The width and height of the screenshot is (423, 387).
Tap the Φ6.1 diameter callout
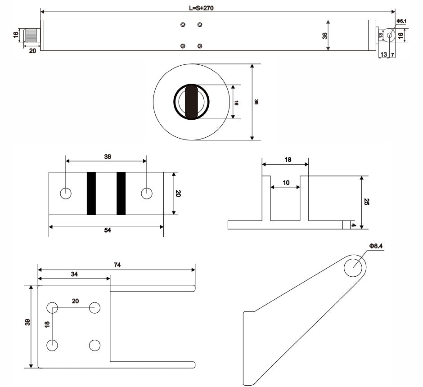(401, 21)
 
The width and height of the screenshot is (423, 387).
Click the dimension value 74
(117, 265)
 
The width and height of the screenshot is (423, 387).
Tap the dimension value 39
(27, 322)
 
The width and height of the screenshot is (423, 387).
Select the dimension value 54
(108, 230)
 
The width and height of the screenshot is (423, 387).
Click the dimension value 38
(107, 157)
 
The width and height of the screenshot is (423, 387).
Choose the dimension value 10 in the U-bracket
(286, 183)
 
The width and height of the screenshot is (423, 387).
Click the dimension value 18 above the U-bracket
(288, 159)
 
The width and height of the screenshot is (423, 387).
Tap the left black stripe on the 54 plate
(91, 193)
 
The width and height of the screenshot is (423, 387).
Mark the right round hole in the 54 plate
(147, 193)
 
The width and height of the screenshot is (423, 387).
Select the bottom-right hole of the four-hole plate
(94, 345)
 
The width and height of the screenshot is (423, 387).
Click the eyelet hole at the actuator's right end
(389, 35)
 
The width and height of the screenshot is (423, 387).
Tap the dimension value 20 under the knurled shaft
(32, 51)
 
